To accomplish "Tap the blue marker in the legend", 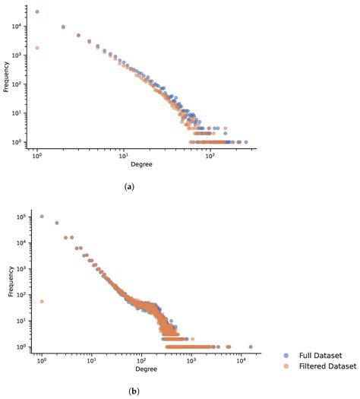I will (285, 354).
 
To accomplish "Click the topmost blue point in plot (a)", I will (37, 12).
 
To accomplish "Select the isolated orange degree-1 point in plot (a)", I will (37, 48).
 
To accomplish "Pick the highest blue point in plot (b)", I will (41, 216).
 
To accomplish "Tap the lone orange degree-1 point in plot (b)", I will (41, 302).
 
